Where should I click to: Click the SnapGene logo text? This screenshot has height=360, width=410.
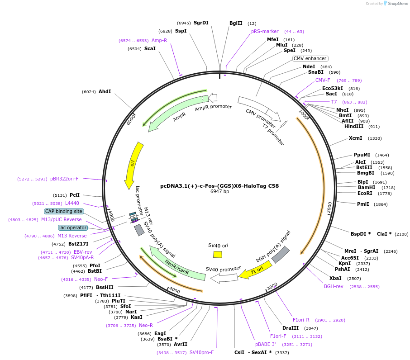point(396,4)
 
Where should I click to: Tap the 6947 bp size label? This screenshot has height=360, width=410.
point(219,192)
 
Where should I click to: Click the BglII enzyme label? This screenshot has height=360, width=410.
point(236,23)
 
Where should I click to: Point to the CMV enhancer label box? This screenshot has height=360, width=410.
point(310,58)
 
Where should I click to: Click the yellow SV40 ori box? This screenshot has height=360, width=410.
point(218,254)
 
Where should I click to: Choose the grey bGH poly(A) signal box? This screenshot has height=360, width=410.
point(280,255)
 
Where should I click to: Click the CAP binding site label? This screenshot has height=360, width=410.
point(64,211)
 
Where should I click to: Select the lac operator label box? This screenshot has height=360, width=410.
point(73,227)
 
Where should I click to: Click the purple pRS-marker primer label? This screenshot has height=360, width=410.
point(265,32)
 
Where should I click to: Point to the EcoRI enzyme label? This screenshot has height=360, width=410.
point(365,193)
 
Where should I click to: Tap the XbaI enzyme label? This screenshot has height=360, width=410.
point(335,278)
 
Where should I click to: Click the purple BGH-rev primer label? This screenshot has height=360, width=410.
point(334,286)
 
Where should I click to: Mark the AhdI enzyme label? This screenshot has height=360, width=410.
point(105,91)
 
